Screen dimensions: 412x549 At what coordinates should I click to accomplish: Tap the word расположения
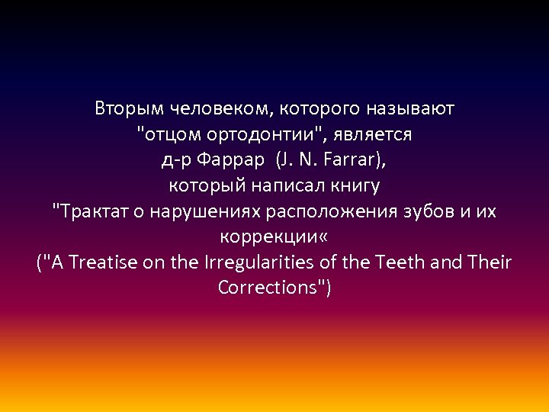coord(332,211)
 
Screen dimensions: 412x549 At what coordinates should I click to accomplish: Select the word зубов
coord(430,211)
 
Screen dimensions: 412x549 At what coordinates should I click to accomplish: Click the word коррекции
coord(268,237)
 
